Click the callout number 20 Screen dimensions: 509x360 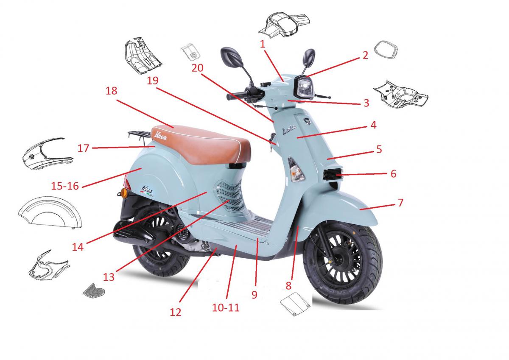[197, 68]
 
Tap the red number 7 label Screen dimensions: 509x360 [400, 203]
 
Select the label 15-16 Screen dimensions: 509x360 [65, 186]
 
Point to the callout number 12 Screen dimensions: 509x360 [176, 313]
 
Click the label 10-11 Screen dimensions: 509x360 [226, 308]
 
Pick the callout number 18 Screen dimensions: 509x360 [111, 91]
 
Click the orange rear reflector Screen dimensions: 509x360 [124, 193]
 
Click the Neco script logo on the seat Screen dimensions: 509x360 [160, 136]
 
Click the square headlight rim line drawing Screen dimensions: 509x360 [386, 50]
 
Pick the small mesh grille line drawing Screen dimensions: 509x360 [94, 290]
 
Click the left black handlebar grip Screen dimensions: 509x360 [236, 96]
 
